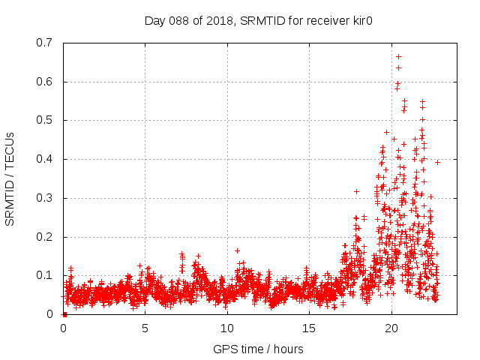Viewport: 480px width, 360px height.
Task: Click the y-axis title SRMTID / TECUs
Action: click(x=10, y=178)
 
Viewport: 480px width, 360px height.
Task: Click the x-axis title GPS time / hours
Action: click(x=258, y=349)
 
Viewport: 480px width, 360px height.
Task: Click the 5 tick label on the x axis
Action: click(x=145, y=328)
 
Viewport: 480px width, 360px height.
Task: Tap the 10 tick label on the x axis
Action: click(x=226, y=328)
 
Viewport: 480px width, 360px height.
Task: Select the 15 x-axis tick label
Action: click(x=308, y=328)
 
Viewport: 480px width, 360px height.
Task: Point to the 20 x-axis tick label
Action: click(x=391, y=328)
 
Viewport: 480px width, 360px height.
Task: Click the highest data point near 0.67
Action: click(x=398, y=56)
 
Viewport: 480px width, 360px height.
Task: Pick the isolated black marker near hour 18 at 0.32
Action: click(x=356, y=191)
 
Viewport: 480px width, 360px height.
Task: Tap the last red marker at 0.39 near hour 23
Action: click(x=437, y=162)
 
